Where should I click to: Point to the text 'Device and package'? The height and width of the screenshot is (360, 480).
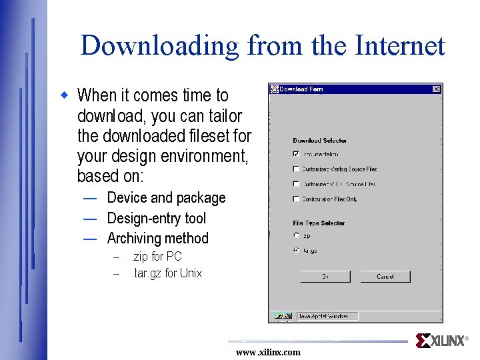click(166, 198)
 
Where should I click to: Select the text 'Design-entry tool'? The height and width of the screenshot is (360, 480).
click(156, 218)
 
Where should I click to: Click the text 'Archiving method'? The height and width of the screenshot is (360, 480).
click(157, 238)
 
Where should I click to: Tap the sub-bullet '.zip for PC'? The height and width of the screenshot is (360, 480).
click(156, 257)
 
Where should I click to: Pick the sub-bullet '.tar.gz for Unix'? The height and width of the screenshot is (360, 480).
click(166, 273)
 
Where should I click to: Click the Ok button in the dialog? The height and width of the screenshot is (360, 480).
click(325, 276)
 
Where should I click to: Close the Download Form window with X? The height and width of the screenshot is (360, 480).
click(436, 89)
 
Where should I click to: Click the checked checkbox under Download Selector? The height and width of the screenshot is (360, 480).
click(296, 154)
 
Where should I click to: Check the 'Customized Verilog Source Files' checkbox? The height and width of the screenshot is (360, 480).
click(296, 169)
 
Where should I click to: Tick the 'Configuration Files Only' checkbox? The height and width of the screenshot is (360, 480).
click(296, 199)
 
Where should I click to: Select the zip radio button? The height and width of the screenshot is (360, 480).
click(296, 235)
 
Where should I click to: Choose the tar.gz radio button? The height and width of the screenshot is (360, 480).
click(296, 251)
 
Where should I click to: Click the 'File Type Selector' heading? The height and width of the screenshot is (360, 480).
click(319, 223)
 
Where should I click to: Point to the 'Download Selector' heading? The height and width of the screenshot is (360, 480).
click(319, 141)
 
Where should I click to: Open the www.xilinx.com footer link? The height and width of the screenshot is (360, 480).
click(268, 352)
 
